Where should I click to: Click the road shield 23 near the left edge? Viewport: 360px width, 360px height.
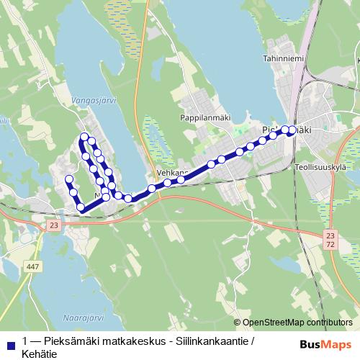[54, 225]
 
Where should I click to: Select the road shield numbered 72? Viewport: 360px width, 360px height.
[330, 246]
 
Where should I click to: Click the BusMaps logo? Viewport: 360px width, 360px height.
[327, 345]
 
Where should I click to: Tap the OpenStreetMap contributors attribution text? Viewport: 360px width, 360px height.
[297, 323]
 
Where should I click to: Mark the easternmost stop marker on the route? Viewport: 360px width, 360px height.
[292, 130]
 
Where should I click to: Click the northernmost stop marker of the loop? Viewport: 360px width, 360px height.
[85, 137]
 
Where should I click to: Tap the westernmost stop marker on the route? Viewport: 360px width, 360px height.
[69, 179]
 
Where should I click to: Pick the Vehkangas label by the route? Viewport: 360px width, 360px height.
[172, 174]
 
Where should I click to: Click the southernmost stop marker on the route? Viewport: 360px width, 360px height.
[81, 208]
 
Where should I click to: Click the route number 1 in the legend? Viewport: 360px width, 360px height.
[25, 339]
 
